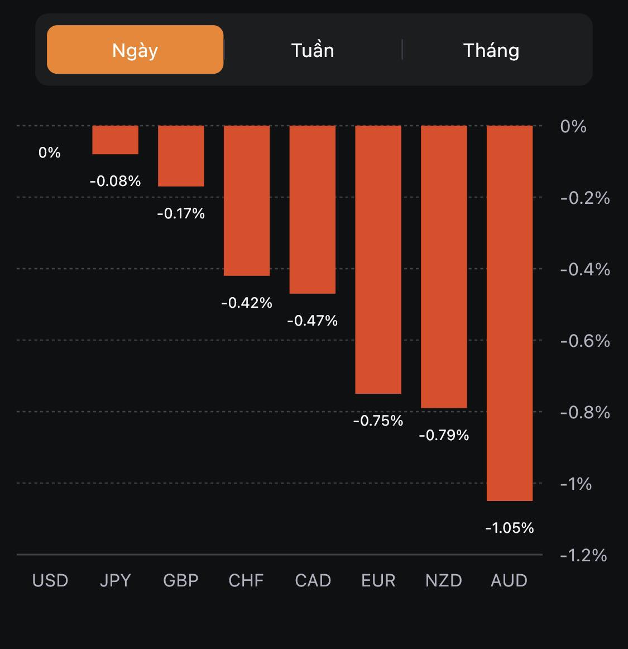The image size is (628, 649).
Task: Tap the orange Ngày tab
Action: tap(135, 50)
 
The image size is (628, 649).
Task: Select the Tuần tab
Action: tap(313, 50)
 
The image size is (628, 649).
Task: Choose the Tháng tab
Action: tap(491, 50)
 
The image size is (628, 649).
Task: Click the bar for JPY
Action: tap(115, 140)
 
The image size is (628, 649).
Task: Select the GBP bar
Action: tap(181, 156)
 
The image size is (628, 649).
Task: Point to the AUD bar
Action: tap(510, 313)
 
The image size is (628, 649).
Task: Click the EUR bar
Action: tap(378, 260)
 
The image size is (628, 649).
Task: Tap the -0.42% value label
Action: tap(247, 303)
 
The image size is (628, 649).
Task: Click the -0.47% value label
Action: tap(312, 321)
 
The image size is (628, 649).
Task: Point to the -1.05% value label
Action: tap(510, 528)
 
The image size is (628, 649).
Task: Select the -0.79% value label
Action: tap(444, 435)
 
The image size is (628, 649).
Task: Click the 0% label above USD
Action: tap(50, 152)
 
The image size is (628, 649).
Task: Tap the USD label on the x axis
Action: tap(50, 580)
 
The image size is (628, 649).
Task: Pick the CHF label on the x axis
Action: tap(246, 580)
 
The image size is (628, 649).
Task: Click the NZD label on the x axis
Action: tap(444, 580)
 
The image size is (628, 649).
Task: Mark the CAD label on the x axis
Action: tap(313, 580)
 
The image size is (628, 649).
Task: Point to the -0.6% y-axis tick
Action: tap(585, 341)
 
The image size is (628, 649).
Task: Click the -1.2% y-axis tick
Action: tap(583, 555)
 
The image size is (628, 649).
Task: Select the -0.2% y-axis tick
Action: tap(585, 198)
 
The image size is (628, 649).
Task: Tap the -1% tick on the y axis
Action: tap(576, 484)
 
